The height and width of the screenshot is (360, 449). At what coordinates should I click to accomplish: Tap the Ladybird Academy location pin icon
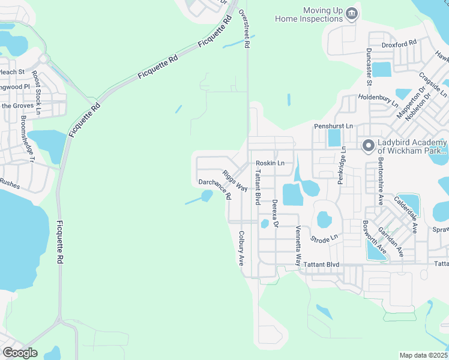(367, 145)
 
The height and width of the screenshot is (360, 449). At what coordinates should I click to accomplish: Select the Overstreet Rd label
(244, 28)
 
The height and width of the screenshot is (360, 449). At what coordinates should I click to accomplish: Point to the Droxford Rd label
(399, 43)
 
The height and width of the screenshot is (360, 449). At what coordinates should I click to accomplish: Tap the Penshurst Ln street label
(334, 127)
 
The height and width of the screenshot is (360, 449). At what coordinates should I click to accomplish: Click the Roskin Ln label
(270, 163)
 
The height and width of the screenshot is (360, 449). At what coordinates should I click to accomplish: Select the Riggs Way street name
(235, 181)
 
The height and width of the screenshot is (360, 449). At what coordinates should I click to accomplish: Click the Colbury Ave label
(241, 248)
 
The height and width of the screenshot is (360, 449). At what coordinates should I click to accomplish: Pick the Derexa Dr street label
(275, 214)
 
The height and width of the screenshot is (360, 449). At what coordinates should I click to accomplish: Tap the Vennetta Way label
(298, 246)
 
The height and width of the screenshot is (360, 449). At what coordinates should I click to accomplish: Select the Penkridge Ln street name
(341, 165)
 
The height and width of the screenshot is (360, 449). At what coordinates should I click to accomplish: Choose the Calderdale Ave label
(406, 214)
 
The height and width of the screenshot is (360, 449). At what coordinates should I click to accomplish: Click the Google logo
(20, 353)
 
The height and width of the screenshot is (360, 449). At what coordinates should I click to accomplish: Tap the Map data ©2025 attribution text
(423, 355)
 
